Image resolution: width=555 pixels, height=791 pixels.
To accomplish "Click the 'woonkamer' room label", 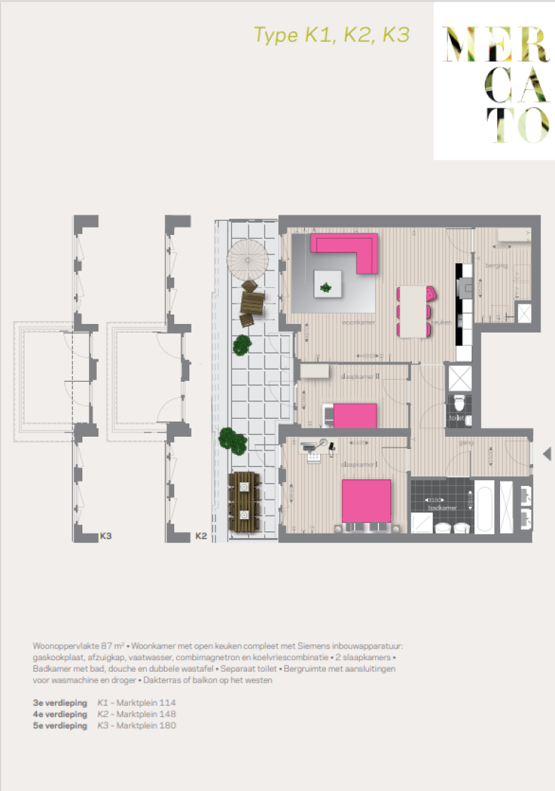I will pos(358,322).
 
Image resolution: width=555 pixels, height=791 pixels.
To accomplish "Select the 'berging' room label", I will pos(496,266).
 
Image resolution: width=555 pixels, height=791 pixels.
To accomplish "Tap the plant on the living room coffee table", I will pos(327,287).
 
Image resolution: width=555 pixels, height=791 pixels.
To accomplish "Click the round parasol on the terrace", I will pos(248,257).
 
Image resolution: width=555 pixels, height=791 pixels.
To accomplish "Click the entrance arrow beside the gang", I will pos(547,453).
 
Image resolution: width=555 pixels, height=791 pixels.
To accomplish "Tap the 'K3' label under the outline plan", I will pos(106,536).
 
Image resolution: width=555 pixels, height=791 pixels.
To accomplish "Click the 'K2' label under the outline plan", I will pos(202,536).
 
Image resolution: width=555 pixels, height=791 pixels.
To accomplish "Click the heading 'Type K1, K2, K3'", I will pos(332,35).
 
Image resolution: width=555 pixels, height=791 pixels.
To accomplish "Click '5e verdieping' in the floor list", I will pos(60,725).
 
